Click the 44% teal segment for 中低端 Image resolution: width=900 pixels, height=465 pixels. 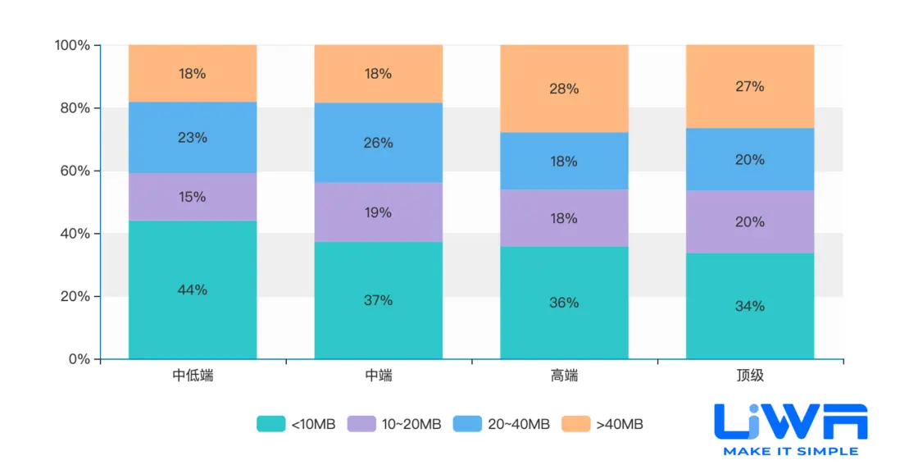193,289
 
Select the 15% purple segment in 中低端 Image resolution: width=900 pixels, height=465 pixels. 193,197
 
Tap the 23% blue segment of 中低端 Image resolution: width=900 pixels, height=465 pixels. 193,138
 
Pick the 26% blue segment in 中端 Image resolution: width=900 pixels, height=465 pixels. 378,143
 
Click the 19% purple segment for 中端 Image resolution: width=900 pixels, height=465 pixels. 378,212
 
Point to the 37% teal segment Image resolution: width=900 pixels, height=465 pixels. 378,300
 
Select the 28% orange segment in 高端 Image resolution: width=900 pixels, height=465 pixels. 564,89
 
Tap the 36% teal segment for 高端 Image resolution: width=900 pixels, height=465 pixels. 564,303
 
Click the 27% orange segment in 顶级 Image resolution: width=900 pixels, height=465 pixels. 749,86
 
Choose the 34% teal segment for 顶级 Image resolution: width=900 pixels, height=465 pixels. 749,306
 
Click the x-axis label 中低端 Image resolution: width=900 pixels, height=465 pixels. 193,376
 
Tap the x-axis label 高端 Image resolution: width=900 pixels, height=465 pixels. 564,376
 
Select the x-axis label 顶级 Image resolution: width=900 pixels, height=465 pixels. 749,376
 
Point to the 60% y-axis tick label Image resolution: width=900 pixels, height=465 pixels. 73,171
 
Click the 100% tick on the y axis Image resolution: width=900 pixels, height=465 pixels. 71,45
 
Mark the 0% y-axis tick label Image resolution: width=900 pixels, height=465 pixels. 79,359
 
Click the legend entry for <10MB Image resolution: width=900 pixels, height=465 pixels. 296,424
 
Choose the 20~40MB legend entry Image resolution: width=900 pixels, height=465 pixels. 504,424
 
